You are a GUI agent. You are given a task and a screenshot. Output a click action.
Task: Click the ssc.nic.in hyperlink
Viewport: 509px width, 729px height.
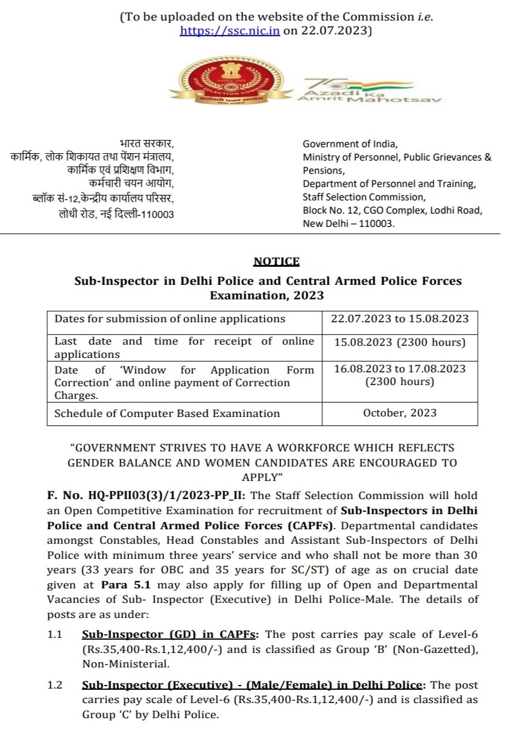coord(229,31)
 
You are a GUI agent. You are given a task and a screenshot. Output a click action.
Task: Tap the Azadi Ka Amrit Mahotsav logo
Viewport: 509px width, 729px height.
coord(368,90)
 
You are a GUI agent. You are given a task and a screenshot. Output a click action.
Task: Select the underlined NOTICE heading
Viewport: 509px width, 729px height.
coord(276,261)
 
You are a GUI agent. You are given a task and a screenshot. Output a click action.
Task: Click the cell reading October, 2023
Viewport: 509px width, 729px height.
coord(400,413)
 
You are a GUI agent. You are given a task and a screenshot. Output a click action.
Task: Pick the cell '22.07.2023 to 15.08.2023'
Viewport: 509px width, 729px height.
coord(400,319)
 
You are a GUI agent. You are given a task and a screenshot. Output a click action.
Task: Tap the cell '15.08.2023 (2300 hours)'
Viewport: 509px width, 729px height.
coord(400,342)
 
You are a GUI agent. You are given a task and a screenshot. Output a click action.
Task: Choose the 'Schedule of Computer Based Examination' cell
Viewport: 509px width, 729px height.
coord(167,413)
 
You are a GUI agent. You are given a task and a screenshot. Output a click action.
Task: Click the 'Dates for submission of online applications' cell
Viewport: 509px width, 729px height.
coord(170,319)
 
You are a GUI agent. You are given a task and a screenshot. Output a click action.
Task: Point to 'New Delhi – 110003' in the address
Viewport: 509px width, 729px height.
coord(348,223)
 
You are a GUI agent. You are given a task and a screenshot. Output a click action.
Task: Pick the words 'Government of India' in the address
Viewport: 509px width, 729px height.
coord(350,144)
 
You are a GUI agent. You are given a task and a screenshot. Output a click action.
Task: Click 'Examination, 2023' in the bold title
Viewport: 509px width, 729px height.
coord(267,296)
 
